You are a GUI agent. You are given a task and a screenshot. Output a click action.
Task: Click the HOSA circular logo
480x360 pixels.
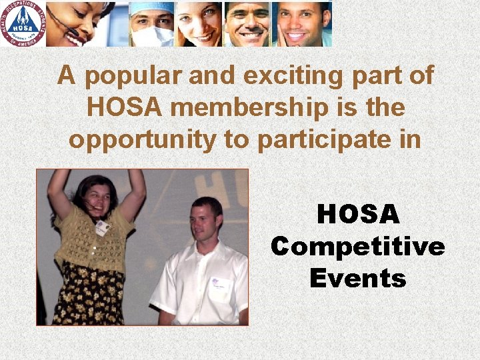point(24,23)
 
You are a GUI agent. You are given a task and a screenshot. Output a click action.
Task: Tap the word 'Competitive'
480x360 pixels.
point(358,247)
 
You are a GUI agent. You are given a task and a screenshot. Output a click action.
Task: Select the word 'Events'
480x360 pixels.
point(358,278)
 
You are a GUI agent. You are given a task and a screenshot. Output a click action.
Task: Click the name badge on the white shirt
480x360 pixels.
point(219,286)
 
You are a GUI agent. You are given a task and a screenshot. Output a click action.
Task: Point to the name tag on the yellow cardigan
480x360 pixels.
point(101,227)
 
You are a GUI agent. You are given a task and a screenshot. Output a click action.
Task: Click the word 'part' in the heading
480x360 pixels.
point(378,76)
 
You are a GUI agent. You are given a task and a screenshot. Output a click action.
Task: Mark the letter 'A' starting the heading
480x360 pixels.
point(65,76)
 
